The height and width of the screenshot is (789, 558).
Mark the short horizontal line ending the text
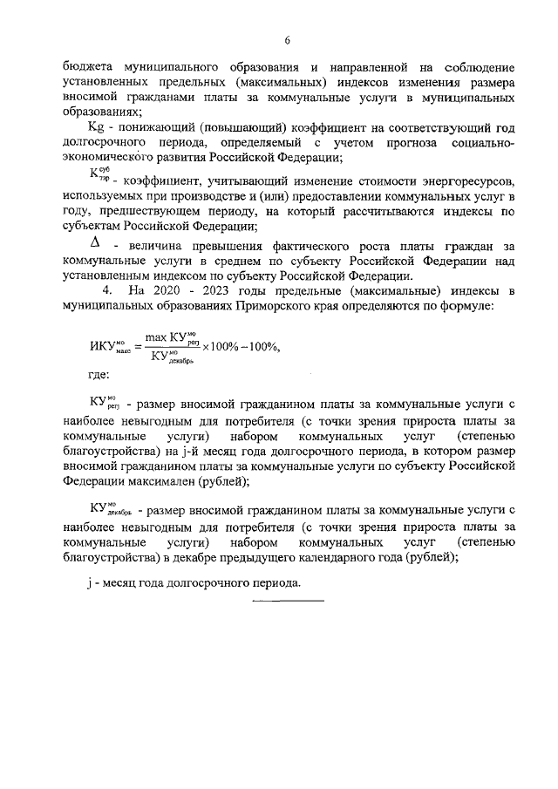[288, 601]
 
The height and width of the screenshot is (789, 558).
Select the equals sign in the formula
[136, 345]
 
